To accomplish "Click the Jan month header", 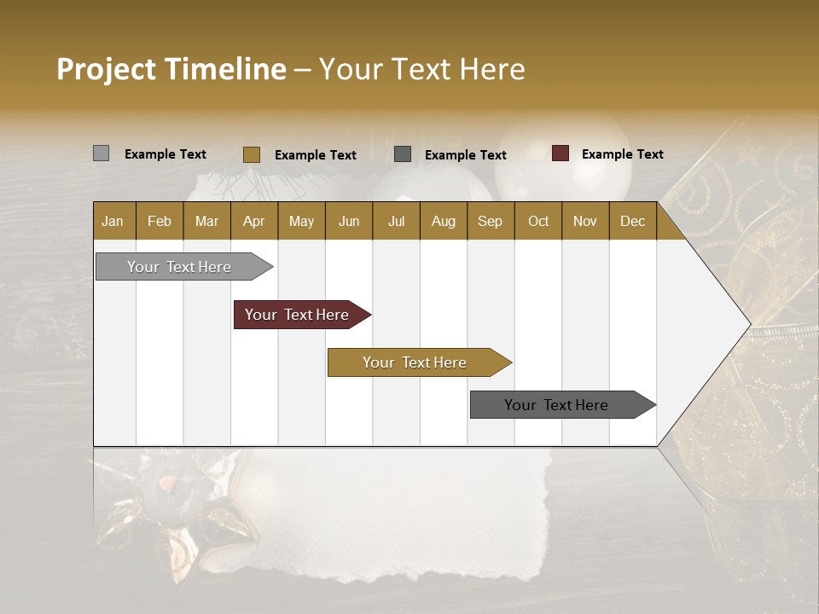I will [x=113, y=221].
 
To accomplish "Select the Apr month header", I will [x=253, y=221].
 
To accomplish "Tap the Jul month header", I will [x=396, y=221].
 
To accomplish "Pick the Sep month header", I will [x=490, y=221].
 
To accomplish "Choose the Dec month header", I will [x=632, y=221].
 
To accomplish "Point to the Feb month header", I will [x=160, y=221].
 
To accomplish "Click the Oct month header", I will [x=538, y=221].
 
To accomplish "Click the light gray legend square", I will [x=101, y=153].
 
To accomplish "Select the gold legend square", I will [x=251, y=154].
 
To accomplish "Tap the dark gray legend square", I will [x=403, y=154].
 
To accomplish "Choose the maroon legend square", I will [x=561, y=153].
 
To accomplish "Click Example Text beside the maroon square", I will [x=622, y=154].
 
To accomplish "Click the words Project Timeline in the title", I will [x=171, y=69].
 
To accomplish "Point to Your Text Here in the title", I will [x=421, y=69].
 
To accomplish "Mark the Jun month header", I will [x=349, y=221].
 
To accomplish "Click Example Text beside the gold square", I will [x=315, y=155].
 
